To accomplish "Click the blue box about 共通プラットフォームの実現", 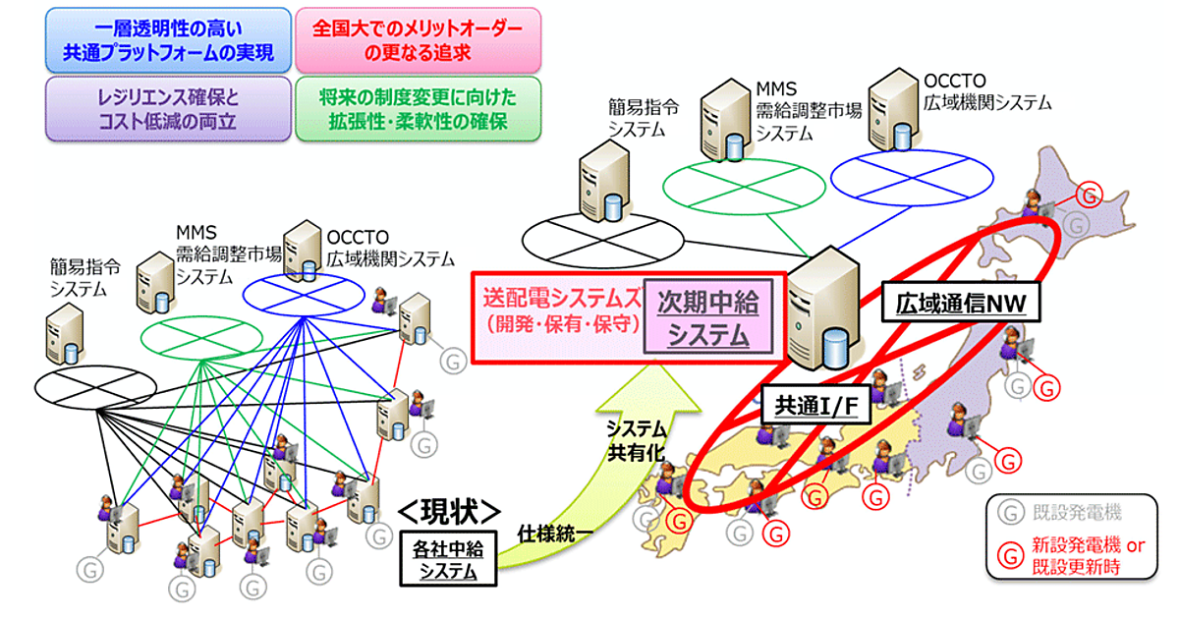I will tap(168, 39).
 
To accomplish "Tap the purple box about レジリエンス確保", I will tap(168, 110).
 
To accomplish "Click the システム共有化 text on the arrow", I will tap(636, 439).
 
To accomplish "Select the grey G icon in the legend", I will tap(1006, 511).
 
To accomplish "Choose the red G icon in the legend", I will tap(1006, 553).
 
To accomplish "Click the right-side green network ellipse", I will tap(728, 184).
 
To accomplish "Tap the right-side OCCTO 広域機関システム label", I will tap(987, 91).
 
